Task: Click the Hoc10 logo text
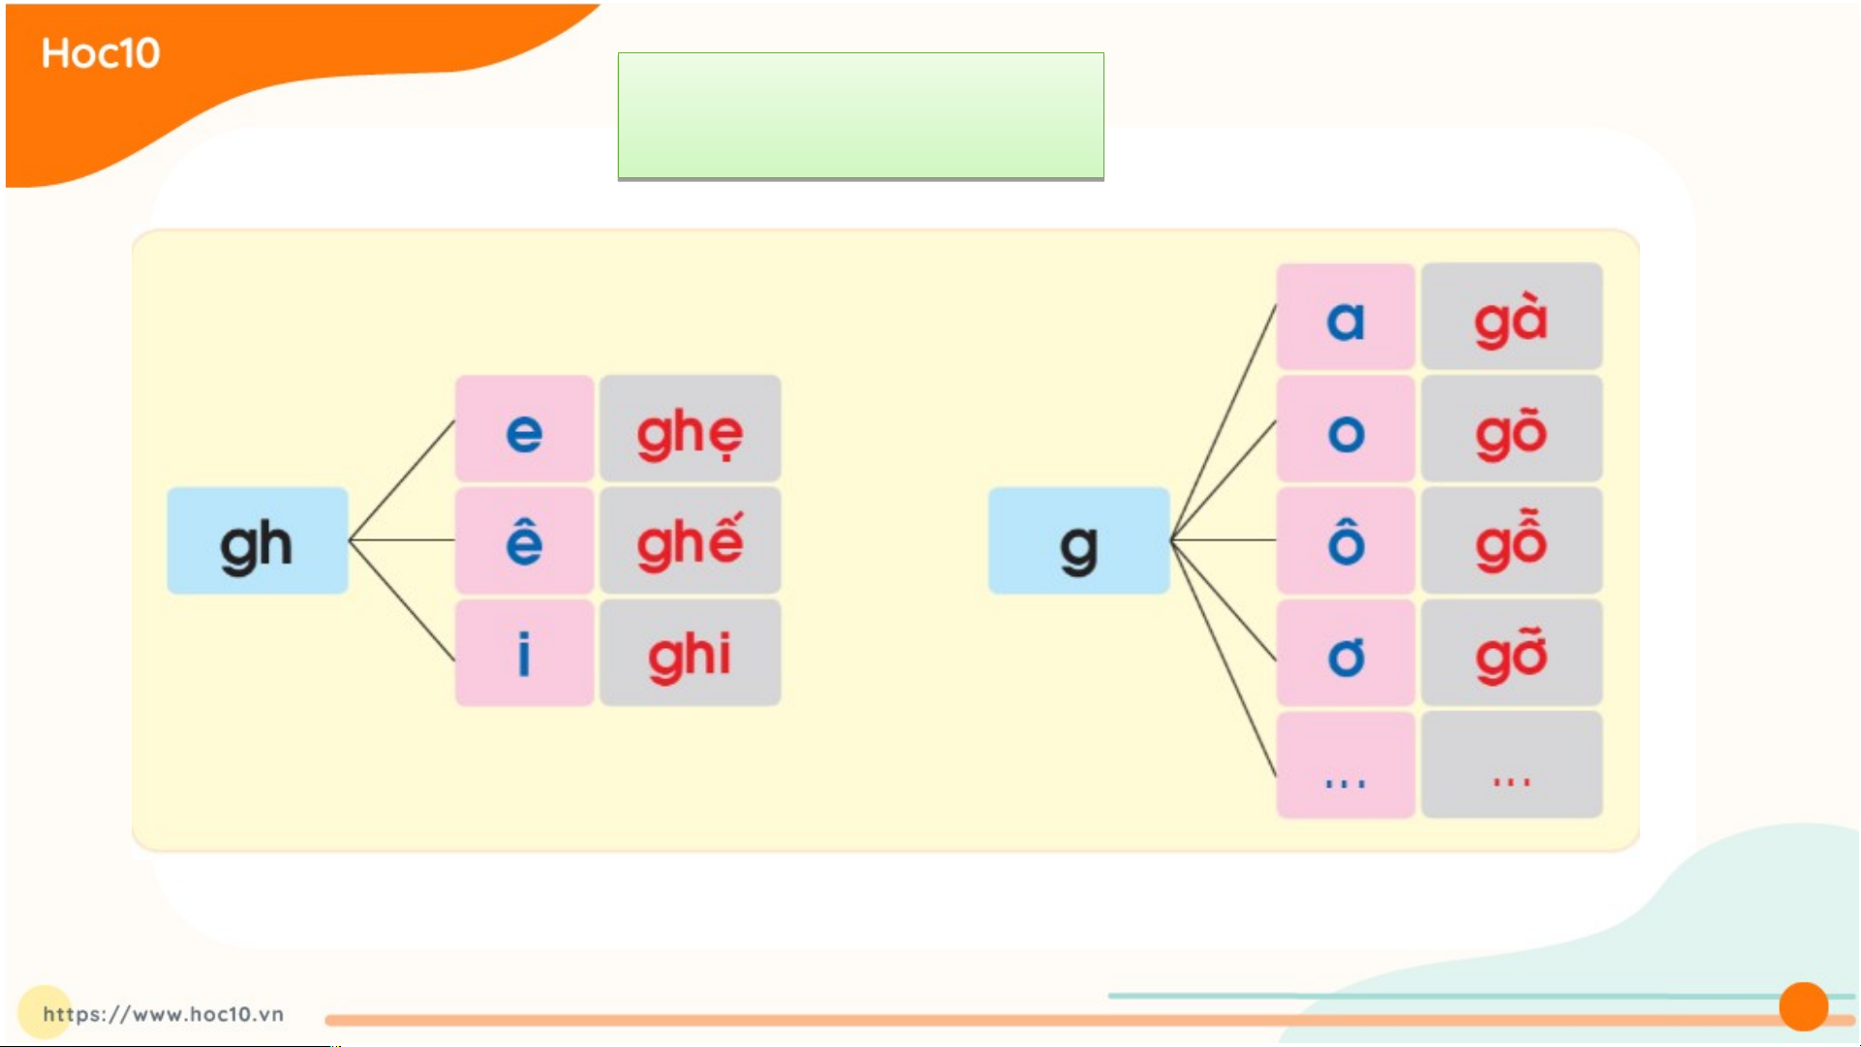pyautogui.click(x=101, y=53)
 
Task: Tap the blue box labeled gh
pyautogui.click(x=258, y=540)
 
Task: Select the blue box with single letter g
pyautogui.click(x=1079, y=540)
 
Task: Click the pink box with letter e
pyautogui.click(x=524, y=428)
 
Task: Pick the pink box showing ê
pyautogui.click(x=524, y=540)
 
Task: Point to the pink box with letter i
pyautogui.click(x=524, y=652)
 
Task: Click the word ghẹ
pyautogui.click(x=690, y=434)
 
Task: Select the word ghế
pyautogui.click(x=690, y=541)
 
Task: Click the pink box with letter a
pyautogui.click(x=1346, y=317)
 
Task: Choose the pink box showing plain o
pyautogui.click(x=1346, y=428)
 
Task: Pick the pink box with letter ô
pyautogui.click(x=1346, y=540)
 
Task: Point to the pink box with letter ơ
pyautogui.click(x=1346, y=652)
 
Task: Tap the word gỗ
pyautogui.click(x=1511, y=540)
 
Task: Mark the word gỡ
pyautogui.click(x=1511, y=655)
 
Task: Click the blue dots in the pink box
pyautogui.click(x=1346, y=783)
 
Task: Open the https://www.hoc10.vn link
pyautogui.click(x=163, y=1014)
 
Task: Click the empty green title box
pyautogui.click(x=861, y=116)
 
